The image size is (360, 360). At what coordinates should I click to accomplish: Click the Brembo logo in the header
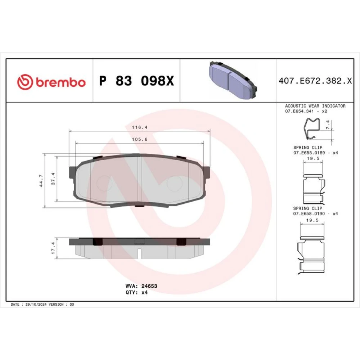click(51, 82)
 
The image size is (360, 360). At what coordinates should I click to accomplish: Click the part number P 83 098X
click(136, 81)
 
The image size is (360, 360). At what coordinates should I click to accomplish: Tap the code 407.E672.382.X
click(315, 81)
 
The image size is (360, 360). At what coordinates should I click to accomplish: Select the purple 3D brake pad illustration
click(233, 80)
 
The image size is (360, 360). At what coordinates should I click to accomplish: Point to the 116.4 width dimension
click(140, 127)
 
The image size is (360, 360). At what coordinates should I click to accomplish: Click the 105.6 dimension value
click(140, 139)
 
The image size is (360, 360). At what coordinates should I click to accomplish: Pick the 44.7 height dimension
click(41, 180)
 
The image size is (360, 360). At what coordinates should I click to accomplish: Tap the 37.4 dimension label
click(53, 179)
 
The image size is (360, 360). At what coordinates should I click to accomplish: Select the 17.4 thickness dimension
click(53, 248)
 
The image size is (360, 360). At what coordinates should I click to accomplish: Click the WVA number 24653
click(149, 286)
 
